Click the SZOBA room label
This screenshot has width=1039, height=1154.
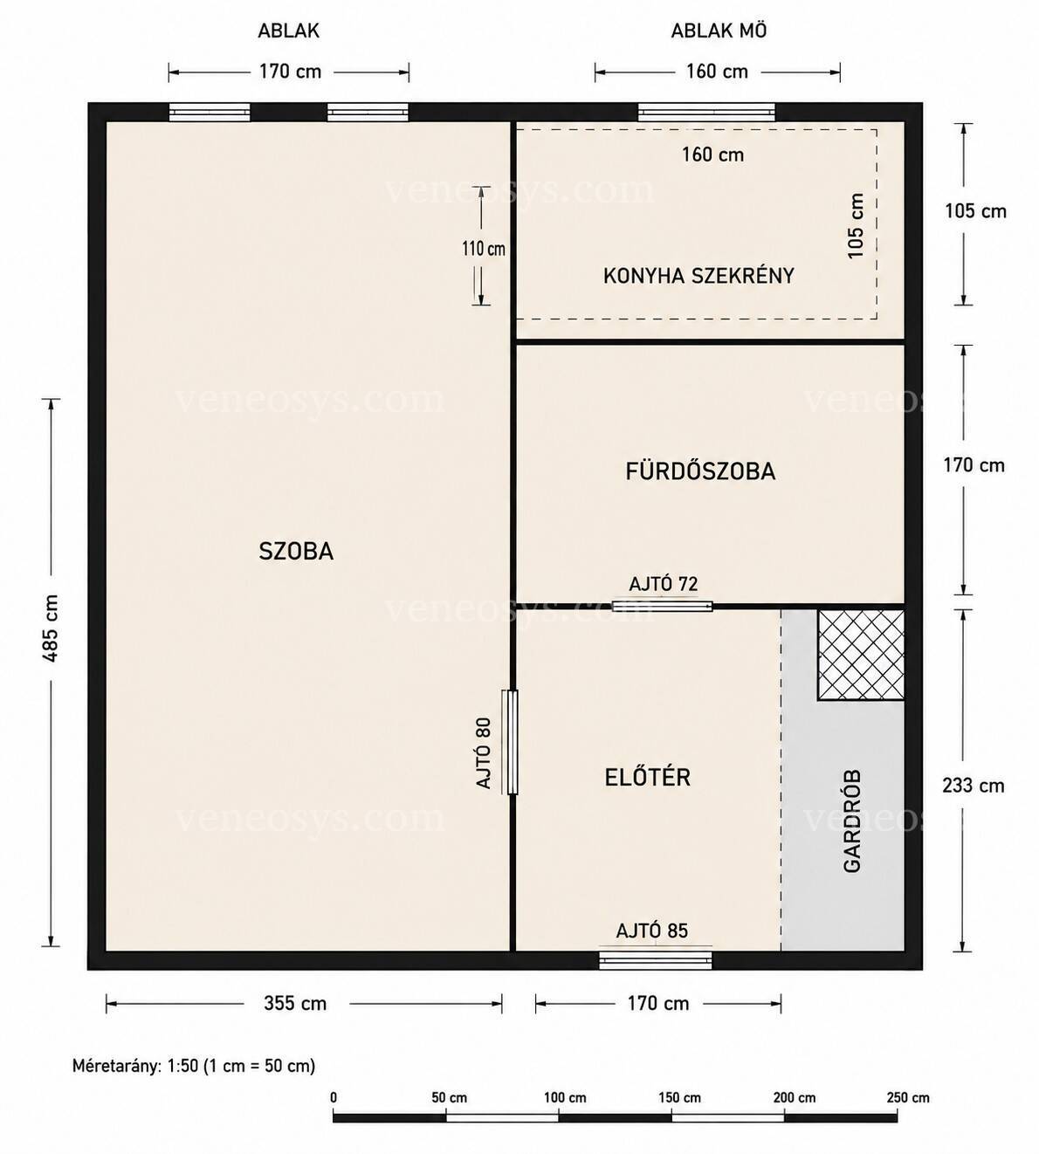point(296,551)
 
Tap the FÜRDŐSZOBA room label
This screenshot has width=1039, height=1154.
point(700,471)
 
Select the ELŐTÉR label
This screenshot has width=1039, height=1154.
point(647,777)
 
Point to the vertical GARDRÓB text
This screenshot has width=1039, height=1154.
point(852,821)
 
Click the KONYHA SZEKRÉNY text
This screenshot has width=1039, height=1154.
point(698,276)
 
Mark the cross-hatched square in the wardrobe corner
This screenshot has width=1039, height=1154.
point(861,655)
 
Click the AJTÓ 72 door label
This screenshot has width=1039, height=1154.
point(663,585)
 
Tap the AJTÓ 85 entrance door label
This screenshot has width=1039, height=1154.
point(651,931)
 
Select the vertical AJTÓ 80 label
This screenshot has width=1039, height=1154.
point(484,753)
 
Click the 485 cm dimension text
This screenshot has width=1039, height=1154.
point(51,629)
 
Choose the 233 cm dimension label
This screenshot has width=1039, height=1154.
point(974,786)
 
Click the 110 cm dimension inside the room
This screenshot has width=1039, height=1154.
point(484,249)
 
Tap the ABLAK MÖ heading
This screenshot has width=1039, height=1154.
point(719,31)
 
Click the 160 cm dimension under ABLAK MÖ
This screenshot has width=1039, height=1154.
point(717,72)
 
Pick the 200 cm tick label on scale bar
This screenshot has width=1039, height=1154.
point(795,1097)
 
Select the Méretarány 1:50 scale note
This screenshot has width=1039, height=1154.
point(194,1066)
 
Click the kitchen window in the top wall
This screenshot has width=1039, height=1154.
point(706,113)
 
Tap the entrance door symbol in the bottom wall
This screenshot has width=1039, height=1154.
point(656,960)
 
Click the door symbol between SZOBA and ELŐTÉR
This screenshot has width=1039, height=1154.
point(510,742)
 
